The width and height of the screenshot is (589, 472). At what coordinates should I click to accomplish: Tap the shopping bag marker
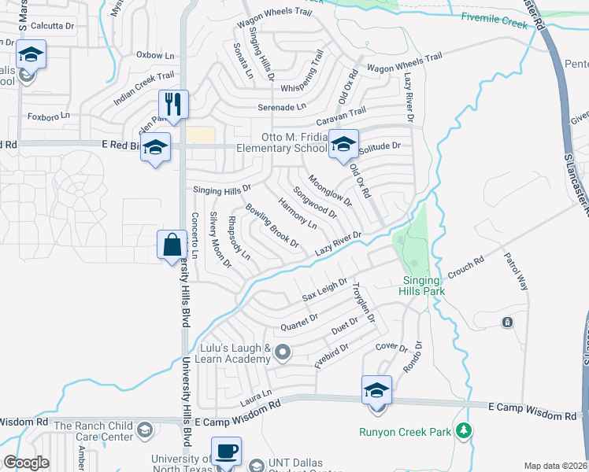[x=172, y=245]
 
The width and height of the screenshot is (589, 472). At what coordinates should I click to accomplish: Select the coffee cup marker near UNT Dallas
[x=226, y=452]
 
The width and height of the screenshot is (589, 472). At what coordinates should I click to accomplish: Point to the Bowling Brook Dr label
[x=272, y=226]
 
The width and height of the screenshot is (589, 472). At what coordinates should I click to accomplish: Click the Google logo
[x=27, y=462]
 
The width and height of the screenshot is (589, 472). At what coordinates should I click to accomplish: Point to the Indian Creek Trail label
[x=143, y=87]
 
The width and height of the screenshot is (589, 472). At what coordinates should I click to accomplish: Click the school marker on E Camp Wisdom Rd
[x=376, y=390]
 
